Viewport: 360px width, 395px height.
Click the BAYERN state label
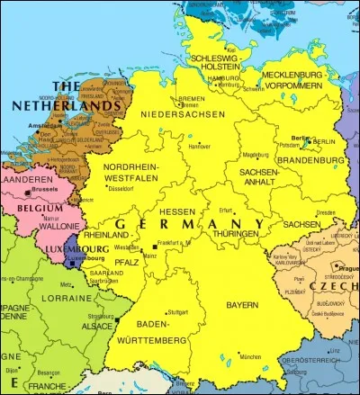point(241,305)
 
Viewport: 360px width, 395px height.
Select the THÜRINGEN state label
point(236,233)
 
